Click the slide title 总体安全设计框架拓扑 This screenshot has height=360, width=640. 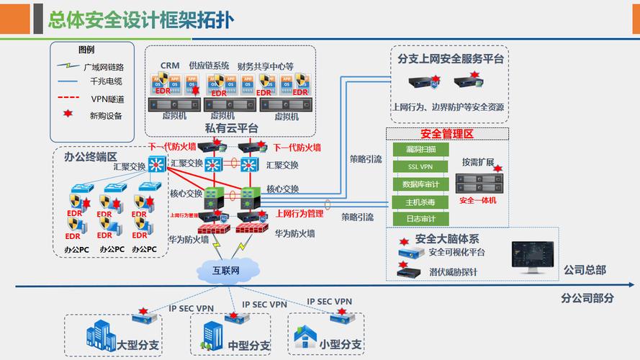140,19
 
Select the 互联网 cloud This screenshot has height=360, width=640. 225,271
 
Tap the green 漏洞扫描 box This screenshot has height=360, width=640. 421,150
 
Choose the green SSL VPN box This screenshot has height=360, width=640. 421,167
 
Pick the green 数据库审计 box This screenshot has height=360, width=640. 421,184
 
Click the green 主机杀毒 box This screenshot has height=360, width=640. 421,202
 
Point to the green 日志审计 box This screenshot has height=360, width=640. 421,219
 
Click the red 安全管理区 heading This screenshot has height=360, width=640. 447,135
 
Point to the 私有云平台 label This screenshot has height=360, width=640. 232,128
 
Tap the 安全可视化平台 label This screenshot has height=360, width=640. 456,253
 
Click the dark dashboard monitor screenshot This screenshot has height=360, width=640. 533,257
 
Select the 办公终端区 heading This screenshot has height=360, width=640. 90,156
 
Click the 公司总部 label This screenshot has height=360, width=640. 584,270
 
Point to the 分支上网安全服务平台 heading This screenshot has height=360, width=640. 451,59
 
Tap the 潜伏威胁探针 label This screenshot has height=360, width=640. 453,272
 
